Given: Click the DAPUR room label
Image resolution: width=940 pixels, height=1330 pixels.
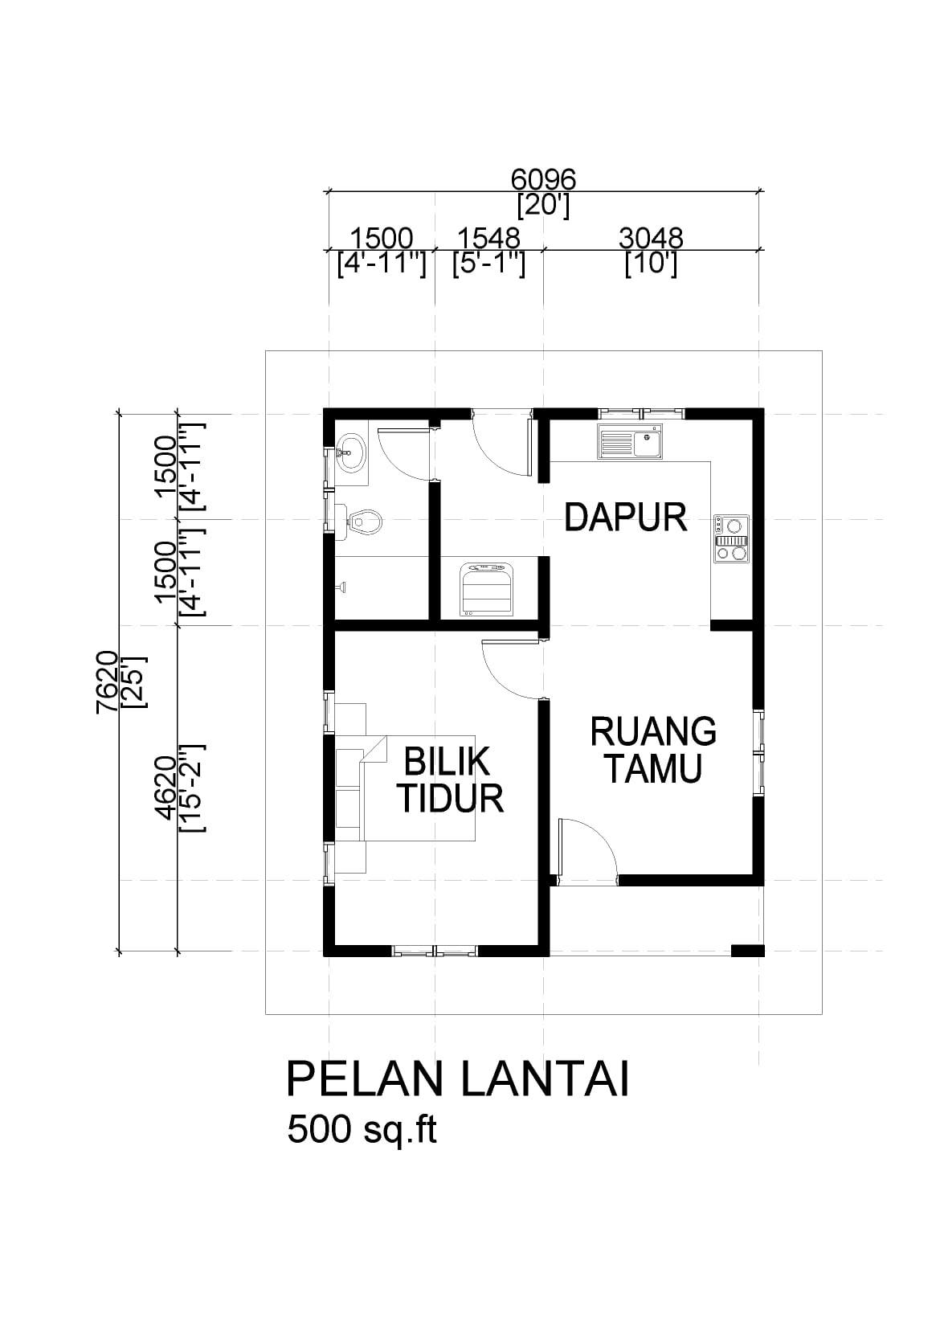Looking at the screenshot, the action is pos(626,518).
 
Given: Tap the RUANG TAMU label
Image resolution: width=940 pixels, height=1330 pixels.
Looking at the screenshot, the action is pos(653,750).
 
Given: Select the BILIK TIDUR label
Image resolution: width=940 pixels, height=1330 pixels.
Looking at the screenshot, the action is pos(450,780).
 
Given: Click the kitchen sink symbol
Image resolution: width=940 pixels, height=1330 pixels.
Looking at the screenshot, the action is pos(630,442).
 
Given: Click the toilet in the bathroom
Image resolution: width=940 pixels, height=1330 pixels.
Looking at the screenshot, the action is pos(360,522).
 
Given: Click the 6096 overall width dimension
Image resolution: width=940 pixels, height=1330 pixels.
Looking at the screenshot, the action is pos(544,178).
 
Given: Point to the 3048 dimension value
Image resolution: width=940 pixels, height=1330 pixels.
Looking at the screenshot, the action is pos(651,238).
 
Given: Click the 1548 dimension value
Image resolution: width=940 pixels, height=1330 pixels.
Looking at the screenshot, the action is pos(488,238).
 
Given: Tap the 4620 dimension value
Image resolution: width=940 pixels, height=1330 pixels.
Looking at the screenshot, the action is pos(165,788).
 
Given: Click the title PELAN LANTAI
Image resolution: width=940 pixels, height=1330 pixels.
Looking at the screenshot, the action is pos(457,1080).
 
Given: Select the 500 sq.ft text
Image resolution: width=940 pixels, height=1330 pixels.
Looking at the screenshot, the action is pos(362,1129).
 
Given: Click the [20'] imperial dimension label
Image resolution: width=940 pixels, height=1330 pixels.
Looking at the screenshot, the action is pos(544,206).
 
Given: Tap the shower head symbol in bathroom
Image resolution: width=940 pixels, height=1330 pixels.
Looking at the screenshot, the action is pos(342,587).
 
